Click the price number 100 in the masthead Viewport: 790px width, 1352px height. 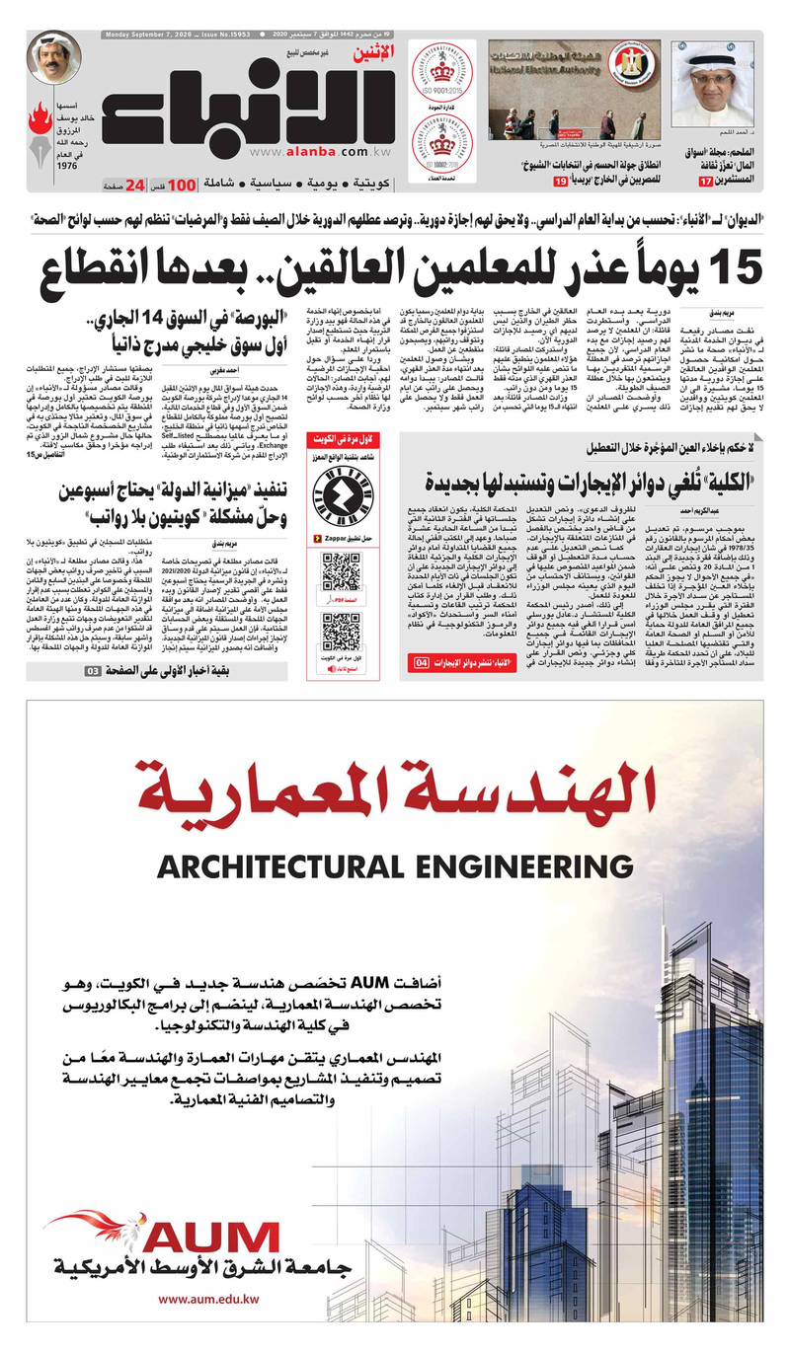point(181,185)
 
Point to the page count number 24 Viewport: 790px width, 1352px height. point(135,185)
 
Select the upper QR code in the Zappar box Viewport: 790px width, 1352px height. point(342,571)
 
